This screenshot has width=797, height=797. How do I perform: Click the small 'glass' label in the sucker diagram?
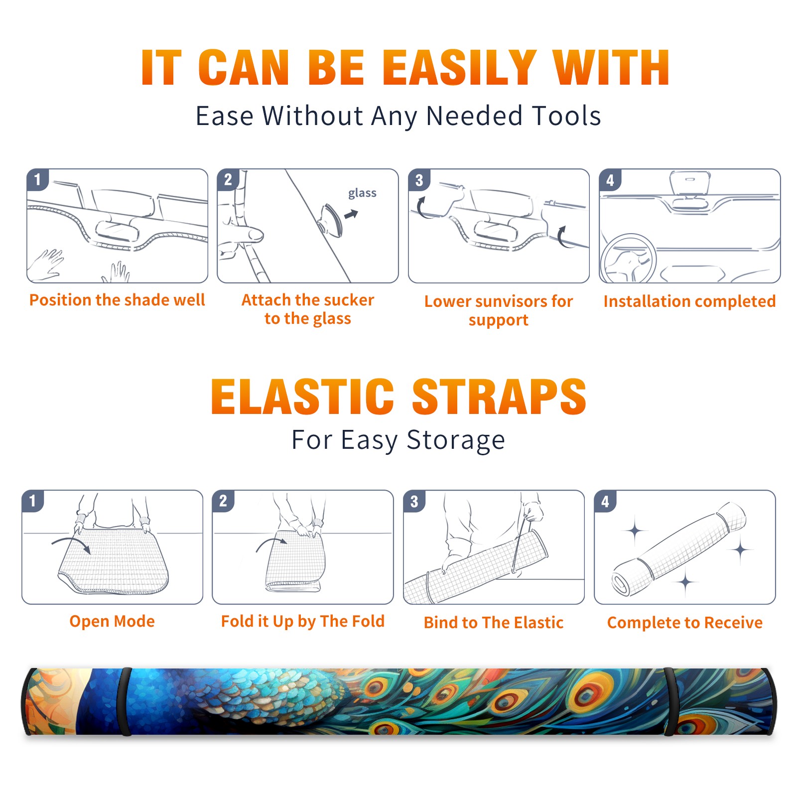[362, 193]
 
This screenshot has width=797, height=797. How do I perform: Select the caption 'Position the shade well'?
[117, 300]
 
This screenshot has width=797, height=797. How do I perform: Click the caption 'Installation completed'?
[689, 301]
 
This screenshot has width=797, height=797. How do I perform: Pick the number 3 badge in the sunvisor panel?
[418, 180]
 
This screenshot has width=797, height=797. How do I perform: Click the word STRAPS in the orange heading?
[499, 397]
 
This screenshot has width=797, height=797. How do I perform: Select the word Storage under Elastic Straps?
[456, 440]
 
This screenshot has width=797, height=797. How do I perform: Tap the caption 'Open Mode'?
[112, 621]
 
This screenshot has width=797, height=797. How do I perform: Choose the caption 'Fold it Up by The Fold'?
[303, 621]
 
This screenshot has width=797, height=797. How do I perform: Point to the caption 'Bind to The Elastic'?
[494, 622]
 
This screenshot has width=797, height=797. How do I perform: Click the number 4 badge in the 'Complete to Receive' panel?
[605, 502]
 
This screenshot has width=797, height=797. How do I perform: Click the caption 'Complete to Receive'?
[685, 623]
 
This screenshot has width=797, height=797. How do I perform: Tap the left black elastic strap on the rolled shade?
[126, 702]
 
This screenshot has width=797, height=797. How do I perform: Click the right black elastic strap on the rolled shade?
[669, 702]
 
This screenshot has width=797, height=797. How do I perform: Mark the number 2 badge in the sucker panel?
[228, 180]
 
